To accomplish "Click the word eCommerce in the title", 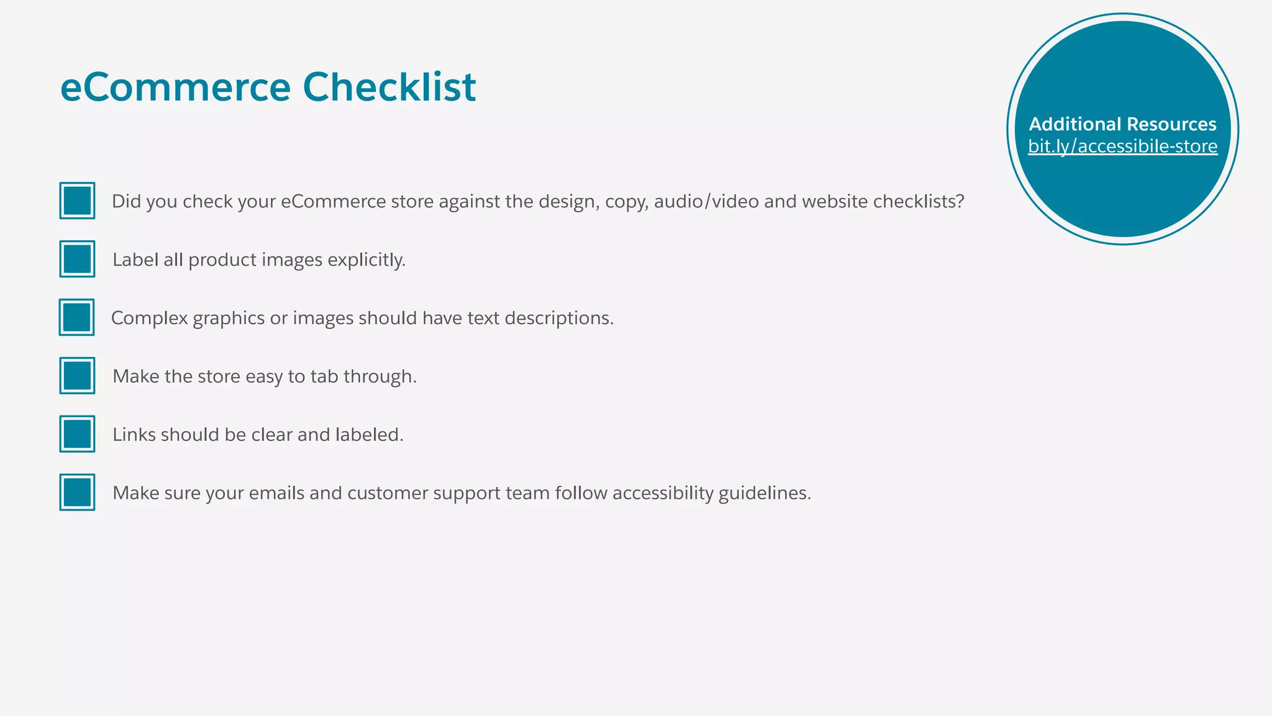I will [175, 87].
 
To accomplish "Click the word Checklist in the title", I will [389, 87].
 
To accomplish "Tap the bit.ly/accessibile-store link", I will [1122, 147].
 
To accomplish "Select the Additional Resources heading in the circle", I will [1122, 124].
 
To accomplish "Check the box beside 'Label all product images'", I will [77, 259].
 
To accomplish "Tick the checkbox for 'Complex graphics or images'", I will [77, 317].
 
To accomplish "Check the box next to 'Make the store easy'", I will [77, 376].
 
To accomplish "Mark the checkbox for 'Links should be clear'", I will [77, 434].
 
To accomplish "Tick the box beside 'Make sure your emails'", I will [77, 492].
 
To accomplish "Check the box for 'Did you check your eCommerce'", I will [77, 201].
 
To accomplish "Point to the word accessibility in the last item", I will [663, 493].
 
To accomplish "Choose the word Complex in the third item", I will [149, 319].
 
